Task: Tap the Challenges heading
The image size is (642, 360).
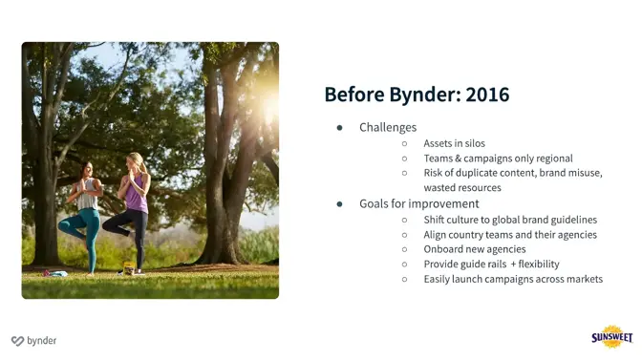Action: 388,127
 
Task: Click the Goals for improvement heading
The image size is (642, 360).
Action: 418,203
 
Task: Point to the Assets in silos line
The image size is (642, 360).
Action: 454,143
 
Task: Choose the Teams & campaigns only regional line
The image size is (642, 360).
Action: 498,159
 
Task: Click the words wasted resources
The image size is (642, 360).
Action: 462,188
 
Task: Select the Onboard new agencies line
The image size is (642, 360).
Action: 475,249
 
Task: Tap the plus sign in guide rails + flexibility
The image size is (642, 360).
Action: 513,265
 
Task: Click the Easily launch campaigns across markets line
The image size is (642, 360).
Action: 513,279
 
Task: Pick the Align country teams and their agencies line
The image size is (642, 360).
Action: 510,235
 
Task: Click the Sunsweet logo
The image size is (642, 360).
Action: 610,337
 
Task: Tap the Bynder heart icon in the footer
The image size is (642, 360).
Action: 17,341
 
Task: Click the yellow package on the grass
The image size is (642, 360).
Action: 128,269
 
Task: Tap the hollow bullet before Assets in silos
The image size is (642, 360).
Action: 404,144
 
